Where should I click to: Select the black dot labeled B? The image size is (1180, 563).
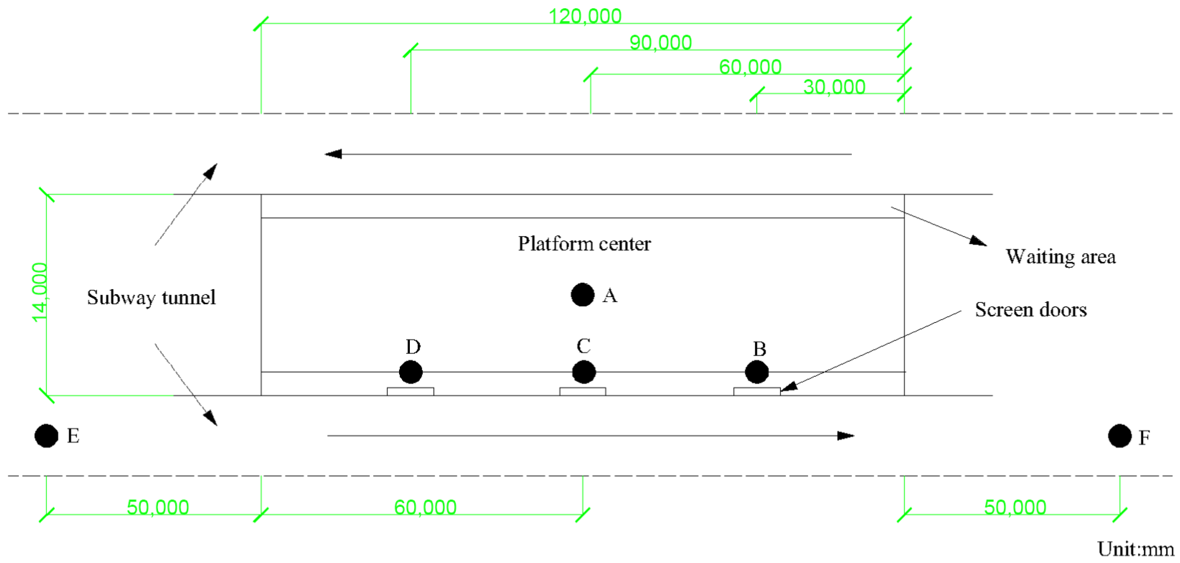coord(757,372)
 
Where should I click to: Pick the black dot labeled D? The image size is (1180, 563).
coord(411,372)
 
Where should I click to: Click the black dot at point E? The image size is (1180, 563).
coord(46,436)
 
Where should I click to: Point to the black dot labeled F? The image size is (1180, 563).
coord(1120,436)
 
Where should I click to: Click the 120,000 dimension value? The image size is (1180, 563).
coord(585,17)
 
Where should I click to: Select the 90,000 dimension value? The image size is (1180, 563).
coord(661,43)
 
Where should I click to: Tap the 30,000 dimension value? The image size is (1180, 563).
coord(834,87)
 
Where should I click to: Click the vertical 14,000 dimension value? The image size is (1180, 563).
coord(40,293)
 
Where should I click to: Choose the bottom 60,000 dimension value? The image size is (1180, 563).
coord(425,507)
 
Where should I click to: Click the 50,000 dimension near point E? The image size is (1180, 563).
coord(158,507)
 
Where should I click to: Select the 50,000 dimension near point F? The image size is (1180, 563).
coord(1015,507)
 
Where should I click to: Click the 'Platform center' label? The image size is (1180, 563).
coord(584,243)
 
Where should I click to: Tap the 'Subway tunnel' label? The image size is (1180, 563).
coord(151,298)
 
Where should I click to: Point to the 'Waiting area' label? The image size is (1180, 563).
coord(1060,257)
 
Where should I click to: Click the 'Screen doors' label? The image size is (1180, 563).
coord(1031,310)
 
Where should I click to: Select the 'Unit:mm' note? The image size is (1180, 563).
coord(1136,549)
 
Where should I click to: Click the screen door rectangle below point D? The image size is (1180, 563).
coord(411,391)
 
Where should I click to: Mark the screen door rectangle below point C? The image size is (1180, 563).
coord(583,391)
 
